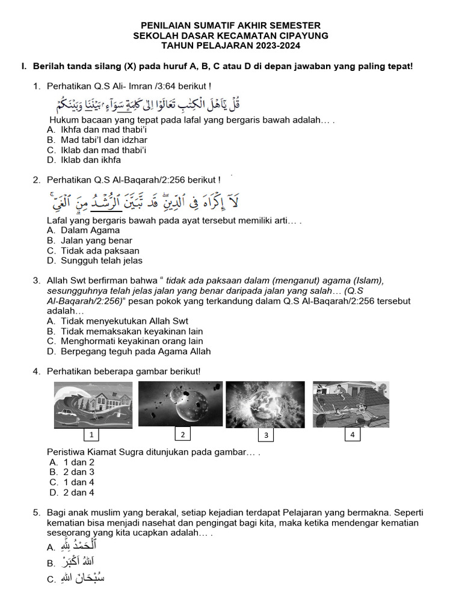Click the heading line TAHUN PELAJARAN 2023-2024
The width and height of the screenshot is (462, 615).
(x=230, y=45)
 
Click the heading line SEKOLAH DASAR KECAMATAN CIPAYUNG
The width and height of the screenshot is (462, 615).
(x=230, y=35)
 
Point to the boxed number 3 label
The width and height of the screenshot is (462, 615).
(x=265, y=435)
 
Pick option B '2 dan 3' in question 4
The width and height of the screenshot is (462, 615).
(x=78, y=472)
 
